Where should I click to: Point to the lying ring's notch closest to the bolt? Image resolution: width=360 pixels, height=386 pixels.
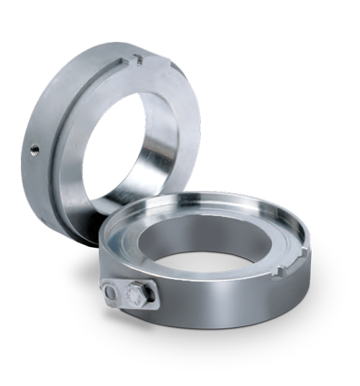tap(283, 271)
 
